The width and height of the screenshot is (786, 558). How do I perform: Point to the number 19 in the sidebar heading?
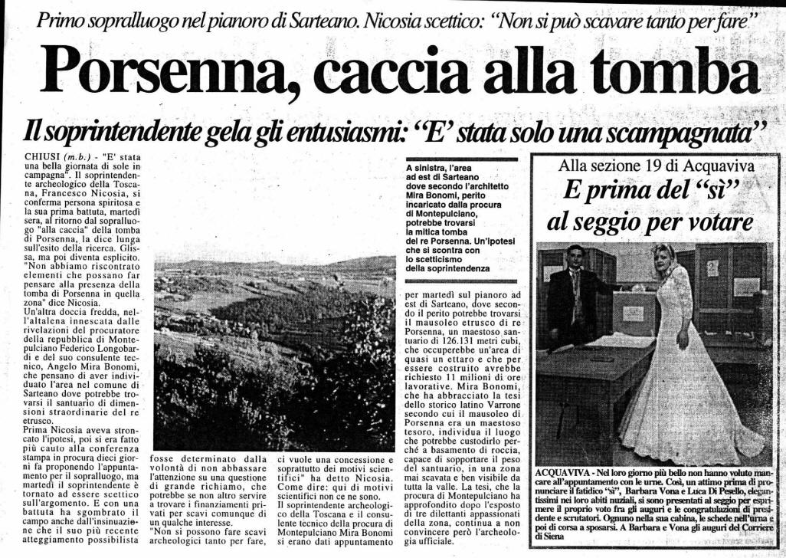655,165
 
